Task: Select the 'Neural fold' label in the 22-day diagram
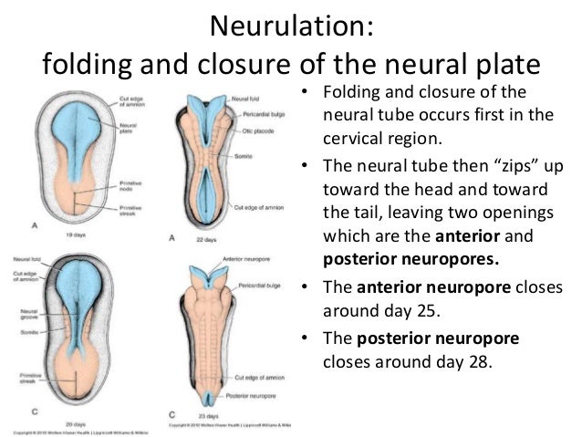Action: coord(245,97)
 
